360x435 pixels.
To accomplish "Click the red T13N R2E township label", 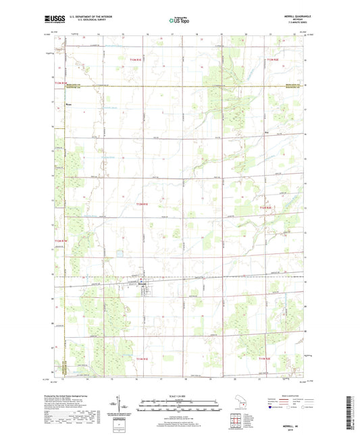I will pos(271,61).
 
